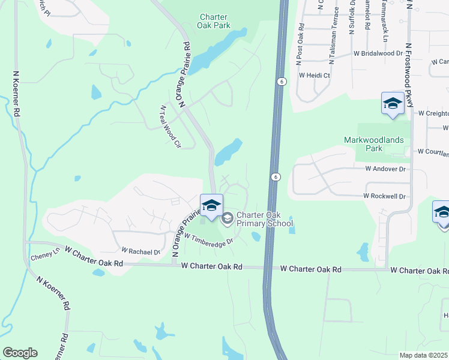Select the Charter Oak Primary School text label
pyautogui.click(x=264, y=220)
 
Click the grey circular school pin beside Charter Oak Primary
pyautogui.click(x=227, y=218)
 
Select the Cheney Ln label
pyautogui.click(x=43, y=257)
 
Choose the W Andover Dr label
pyautogui.click(x=385, y=169)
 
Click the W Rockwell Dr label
pyautogui.click(x=384, y=196)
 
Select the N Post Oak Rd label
pyautogui.click(x=300, y=44)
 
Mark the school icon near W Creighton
pyautogui.click(x=393, y=104)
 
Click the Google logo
pyautogui.click(x=20, y=353)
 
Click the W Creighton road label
pyautogui.click(x=433, y=113)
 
